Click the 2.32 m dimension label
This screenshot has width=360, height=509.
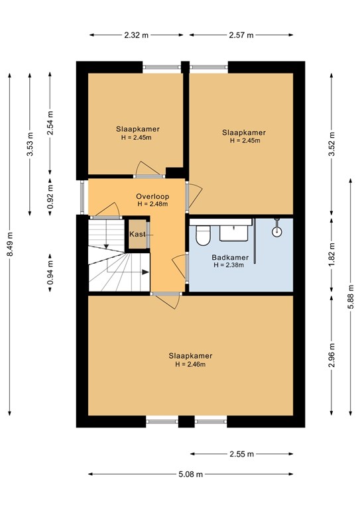point(137,35)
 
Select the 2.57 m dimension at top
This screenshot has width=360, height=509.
point(241,35)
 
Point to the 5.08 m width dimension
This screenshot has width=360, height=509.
point(190,474)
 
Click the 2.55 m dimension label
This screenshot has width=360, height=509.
point(241,454)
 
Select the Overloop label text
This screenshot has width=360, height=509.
point(153,197)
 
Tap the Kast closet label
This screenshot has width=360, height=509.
point(138,235)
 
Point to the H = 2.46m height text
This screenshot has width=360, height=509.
point(190,364)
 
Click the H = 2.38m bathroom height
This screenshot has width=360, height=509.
point(229,265)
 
